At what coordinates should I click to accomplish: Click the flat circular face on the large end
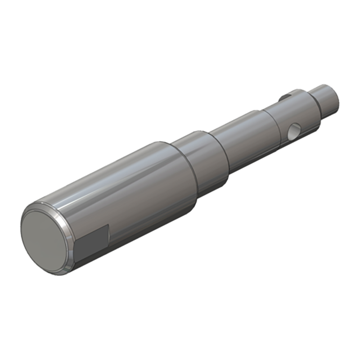click(44, 241)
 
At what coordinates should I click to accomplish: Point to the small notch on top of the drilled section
click(284, 96)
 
